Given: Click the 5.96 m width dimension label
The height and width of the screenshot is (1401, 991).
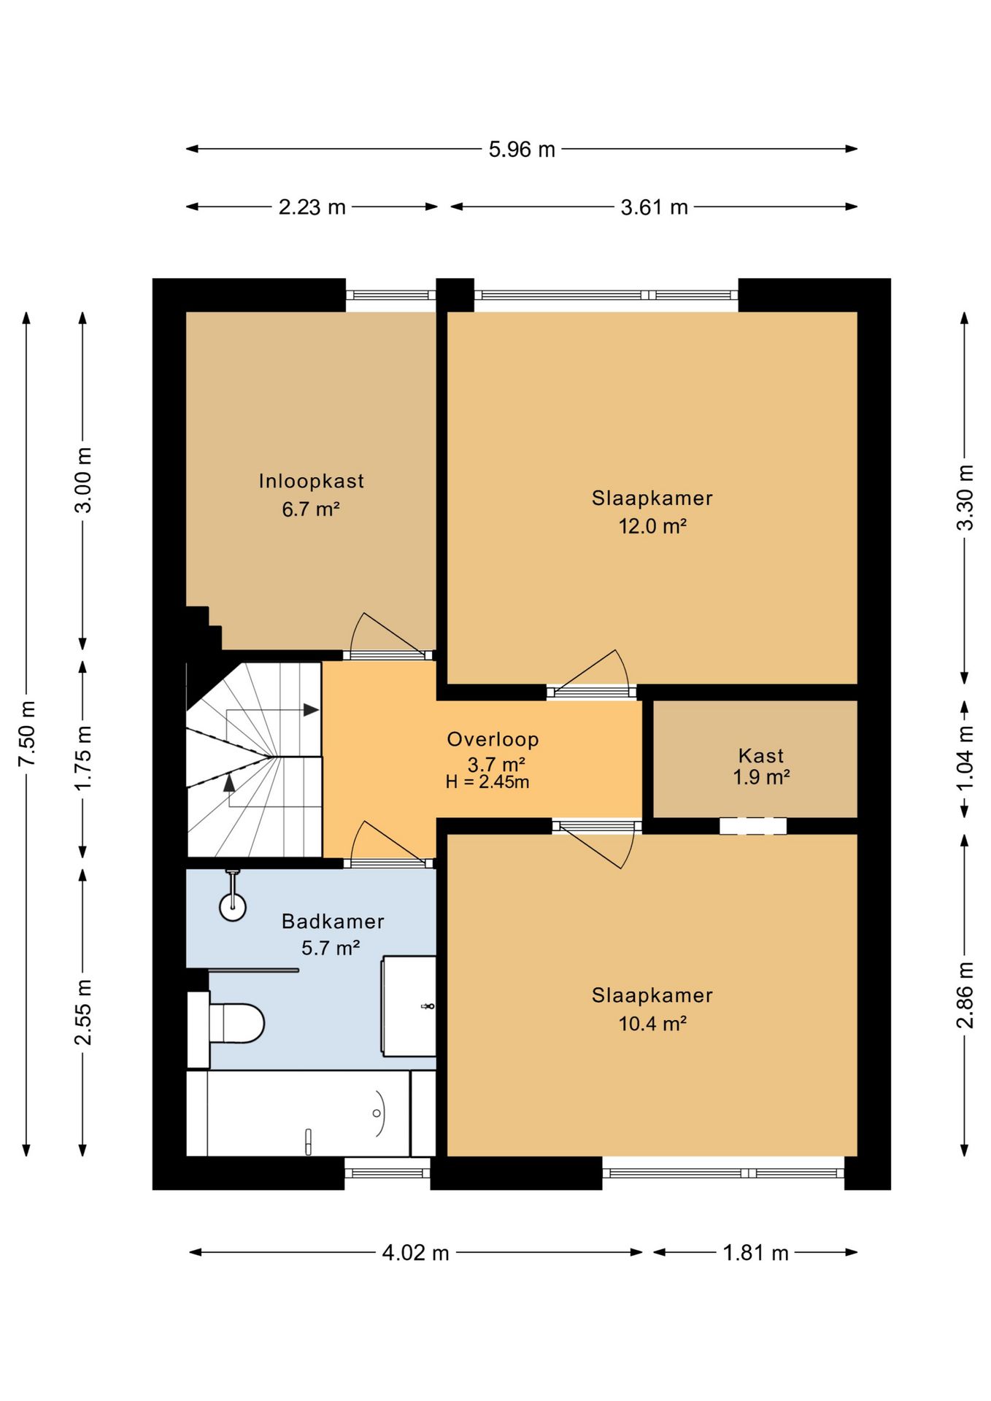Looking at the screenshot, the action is click(522, 150).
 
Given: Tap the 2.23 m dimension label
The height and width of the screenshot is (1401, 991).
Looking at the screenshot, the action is click(312, 207).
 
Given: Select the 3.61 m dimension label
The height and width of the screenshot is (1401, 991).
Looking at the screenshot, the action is click(654, 207).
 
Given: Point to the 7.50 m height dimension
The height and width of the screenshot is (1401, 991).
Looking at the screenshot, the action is click(27, 733).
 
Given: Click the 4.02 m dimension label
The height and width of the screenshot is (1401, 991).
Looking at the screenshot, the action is click(415, 1252).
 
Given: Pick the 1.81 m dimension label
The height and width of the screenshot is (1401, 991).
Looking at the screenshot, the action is click(755, 1252).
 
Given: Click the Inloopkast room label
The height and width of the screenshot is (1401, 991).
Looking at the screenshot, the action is click(312, 481).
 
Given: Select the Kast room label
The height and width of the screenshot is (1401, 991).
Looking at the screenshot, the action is click(761, 755).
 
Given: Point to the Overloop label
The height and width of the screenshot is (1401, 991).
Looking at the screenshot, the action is click(493, 739).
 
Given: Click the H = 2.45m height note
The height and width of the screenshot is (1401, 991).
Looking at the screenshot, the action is click(487, 782).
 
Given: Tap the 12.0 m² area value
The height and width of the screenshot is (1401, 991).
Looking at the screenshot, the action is click(652, 525).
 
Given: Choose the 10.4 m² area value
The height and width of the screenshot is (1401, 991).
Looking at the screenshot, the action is click(652, 1023).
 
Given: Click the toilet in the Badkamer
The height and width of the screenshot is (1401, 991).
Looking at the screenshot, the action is click(235, 1023).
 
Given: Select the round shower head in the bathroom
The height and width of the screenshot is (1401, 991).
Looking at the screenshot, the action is click(233, 908).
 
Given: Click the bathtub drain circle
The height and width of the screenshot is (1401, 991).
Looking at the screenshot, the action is click(377, 1113).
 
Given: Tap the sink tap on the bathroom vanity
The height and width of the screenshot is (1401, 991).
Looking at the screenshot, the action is click(428, 1007).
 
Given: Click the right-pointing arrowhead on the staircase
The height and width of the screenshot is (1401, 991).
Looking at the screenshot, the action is click(312, 710).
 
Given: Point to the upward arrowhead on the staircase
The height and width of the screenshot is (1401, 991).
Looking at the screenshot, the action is click(229, 782).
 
